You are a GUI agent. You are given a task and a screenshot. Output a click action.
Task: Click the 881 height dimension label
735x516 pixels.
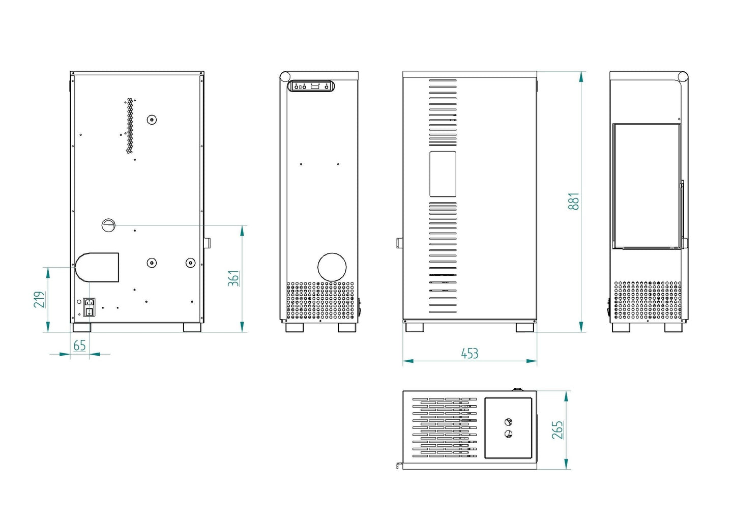click(x=573, y=201)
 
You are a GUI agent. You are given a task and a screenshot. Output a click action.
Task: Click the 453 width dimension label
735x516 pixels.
click(x=469, y=353)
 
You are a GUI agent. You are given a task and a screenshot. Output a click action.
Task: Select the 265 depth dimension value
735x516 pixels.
click(x=557, y=429)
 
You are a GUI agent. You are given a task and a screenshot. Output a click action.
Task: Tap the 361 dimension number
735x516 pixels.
click(x=233, y=278)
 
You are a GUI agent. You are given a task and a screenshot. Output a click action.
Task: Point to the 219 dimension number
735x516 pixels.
click(x=40, y=299)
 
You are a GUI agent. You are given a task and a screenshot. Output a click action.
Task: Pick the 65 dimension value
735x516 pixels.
click(x=80, y=346)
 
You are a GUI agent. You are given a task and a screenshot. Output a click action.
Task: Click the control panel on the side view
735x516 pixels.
click(x=311, y=87)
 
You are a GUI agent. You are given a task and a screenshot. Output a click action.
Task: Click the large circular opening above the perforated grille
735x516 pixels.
click(x=332, y=267)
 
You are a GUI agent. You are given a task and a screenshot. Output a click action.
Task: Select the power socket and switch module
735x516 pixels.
click(x=90, y=307)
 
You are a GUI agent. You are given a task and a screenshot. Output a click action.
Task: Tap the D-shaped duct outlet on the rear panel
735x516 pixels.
click(x=97, y=267)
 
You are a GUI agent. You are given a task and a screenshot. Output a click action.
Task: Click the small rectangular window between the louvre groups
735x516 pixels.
click(x=443, y=174)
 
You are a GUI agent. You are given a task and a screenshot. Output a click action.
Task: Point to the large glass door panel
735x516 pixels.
click(x=646, y=186)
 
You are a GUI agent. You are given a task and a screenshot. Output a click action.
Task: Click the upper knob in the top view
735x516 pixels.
click(x=508, y=422)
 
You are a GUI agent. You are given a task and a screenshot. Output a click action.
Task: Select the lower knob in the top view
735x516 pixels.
click(x=508, y=434)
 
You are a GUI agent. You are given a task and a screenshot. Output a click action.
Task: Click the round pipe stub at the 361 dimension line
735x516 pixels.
click(x=108, y=225)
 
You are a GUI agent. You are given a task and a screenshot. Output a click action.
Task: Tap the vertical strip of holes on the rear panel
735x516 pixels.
click(x=130, y=126)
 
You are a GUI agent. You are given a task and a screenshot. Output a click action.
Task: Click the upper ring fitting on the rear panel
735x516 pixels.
click(x=152, y=120)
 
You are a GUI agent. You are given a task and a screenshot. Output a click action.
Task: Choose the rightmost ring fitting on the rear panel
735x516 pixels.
click(x=190, y=263)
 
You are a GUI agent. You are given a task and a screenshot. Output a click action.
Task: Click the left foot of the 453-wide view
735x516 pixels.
click(x=414, y=327)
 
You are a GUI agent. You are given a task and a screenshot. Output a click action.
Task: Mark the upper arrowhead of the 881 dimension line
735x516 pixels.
click(x=581, y=76)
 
